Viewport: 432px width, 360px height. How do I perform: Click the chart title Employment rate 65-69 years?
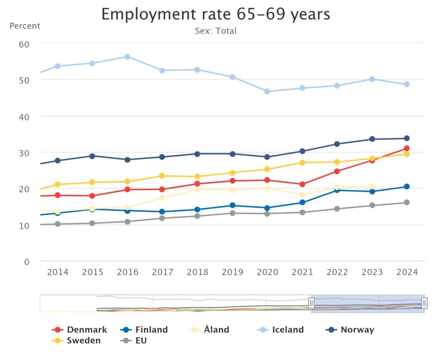(216, 14)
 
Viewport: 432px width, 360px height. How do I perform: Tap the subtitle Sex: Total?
(216, 31)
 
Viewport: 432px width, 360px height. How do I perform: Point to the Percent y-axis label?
(24, 26)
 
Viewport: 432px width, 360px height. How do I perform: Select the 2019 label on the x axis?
(232, 272)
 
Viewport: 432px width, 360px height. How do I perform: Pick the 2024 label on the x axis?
(407, 272)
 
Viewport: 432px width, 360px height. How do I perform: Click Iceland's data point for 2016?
(127, 57)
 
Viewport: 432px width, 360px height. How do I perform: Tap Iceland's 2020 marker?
(267, 91)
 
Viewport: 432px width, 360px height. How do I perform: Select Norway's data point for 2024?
(407, 138)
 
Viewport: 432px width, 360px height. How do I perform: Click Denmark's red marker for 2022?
(337, 171)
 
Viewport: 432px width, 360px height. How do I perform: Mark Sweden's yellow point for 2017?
(162, 176)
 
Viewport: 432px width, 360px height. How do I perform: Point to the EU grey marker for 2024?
(407, 202)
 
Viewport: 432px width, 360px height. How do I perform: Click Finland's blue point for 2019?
(232, 205)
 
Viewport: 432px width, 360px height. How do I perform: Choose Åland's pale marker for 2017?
(162, 198)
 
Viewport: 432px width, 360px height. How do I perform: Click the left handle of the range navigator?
(311, 303)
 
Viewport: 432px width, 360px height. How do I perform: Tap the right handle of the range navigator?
(424, 303)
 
